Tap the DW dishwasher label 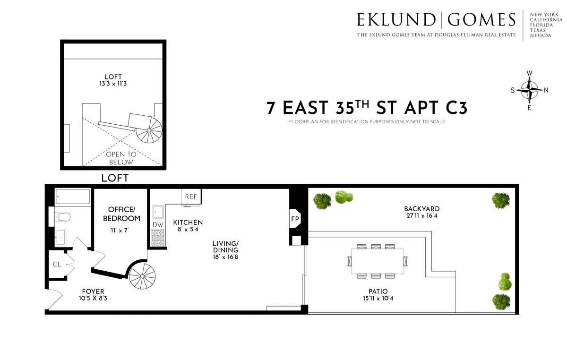pyautogui.click(x=157, y=225)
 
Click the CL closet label pyautogui.click(x=57, y=264)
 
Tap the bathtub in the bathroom pyautogui.click(x=72, y=197)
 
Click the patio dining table pyautogui.click(x=377, y=261)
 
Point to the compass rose pyautogui.click(x=529, y=90)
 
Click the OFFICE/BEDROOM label pyautogui.click(x=124, y=214)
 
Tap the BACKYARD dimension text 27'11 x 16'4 pyautogui.click(x=422, y=216)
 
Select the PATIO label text pyautogui.click(x=377, y=291)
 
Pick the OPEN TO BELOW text pyautogui.click(x=121, y=158)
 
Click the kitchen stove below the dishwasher pyautogui.click(x=157, y=238)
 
